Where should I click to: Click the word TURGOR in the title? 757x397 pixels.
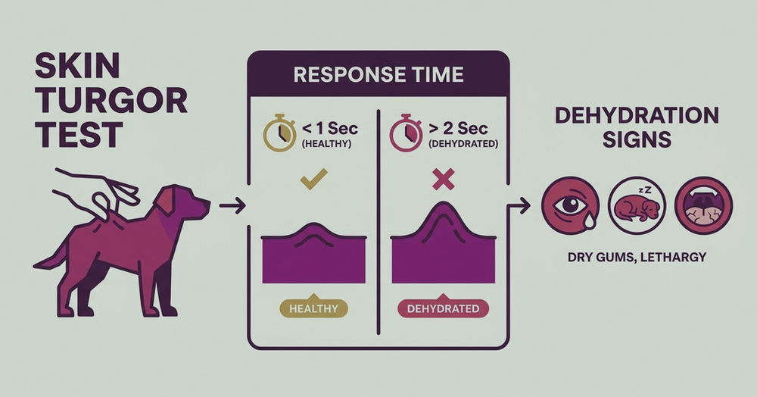tap(111, 101)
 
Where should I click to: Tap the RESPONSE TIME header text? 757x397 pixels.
tap(378, 74)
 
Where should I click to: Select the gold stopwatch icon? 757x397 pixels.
tap(279, 133)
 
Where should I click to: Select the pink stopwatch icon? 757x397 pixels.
tap(406, 133)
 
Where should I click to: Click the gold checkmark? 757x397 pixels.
tap(313, 179)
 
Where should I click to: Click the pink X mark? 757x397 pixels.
tap(443, 180)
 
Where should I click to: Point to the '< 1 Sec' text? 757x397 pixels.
tap(330, 129)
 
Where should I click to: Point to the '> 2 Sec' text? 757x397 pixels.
tap(458, 129)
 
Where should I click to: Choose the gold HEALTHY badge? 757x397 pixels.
tap(314, 308)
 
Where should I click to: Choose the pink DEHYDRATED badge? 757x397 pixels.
tap(443, 308)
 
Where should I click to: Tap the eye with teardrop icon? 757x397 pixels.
tap(570, 205)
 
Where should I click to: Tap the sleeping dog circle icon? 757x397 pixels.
tap(637, 205)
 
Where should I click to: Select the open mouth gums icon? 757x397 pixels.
tap(703, 205)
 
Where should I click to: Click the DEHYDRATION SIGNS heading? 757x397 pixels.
tap(637, 127)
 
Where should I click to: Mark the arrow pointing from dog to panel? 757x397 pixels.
tap(232, 206)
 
